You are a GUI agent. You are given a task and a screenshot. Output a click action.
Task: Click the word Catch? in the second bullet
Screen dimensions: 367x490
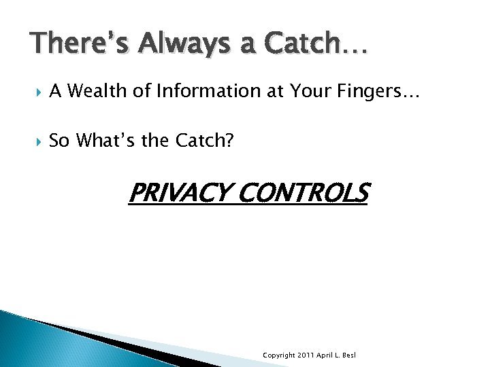(204, 141)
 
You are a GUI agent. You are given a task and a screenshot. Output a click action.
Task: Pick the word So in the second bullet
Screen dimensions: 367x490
(59, 141)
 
